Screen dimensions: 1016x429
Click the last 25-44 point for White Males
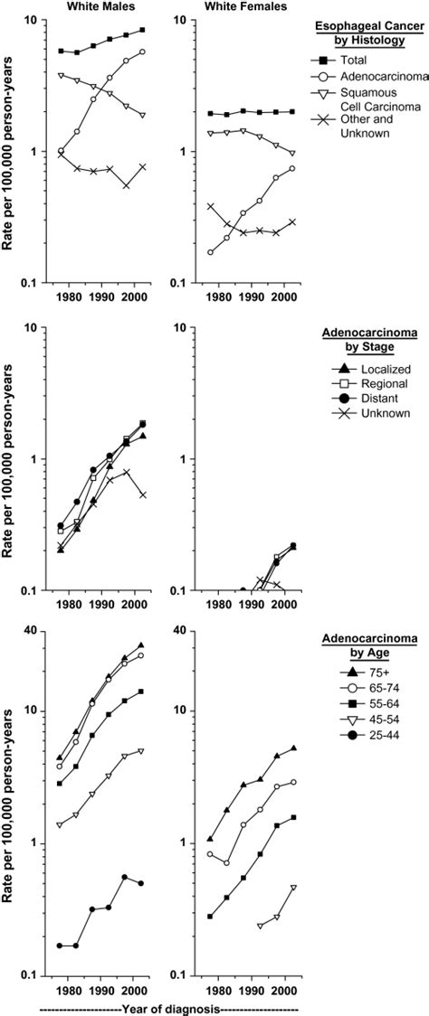click(140, 883)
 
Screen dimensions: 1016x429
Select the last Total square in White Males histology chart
click(140, 31)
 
